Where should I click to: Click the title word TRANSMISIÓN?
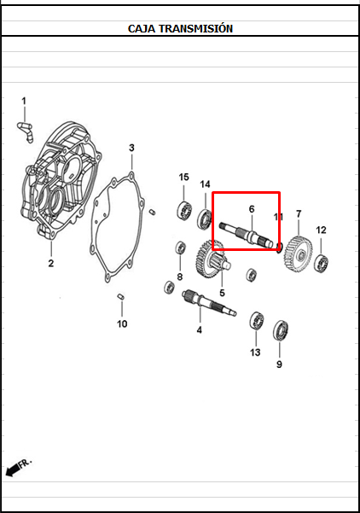(x=196, y=28)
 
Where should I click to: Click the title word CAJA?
(x=142, y=29)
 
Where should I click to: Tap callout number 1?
(x=24, y=101)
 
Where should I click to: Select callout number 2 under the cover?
(x=51, y=263)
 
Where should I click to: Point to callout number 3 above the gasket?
(x=131, y=148)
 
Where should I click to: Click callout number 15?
(x=183, y=177)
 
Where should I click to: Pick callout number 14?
(x=205, y=184)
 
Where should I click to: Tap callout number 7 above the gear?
(x=299, y=214)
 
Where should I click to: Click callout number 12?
(x=321, y=230)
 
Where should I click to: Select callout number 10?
(x=122, y=324)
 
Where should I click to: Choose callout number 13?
(x=255, y=353)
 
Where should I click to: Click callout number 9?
(x=279, y=364)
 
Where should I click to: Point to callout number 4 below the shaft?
(x=199, y=330)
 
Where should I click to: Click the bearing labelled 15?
(x=184, y=210)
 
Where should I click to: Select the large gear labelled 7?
(x=298, y=254)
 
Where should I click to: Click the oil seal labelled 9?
(x=281, y=330)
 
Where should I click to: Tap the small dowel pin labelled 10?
(x=120, y=297)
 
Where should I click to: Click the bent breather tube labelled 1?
(x=26, y=131)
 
